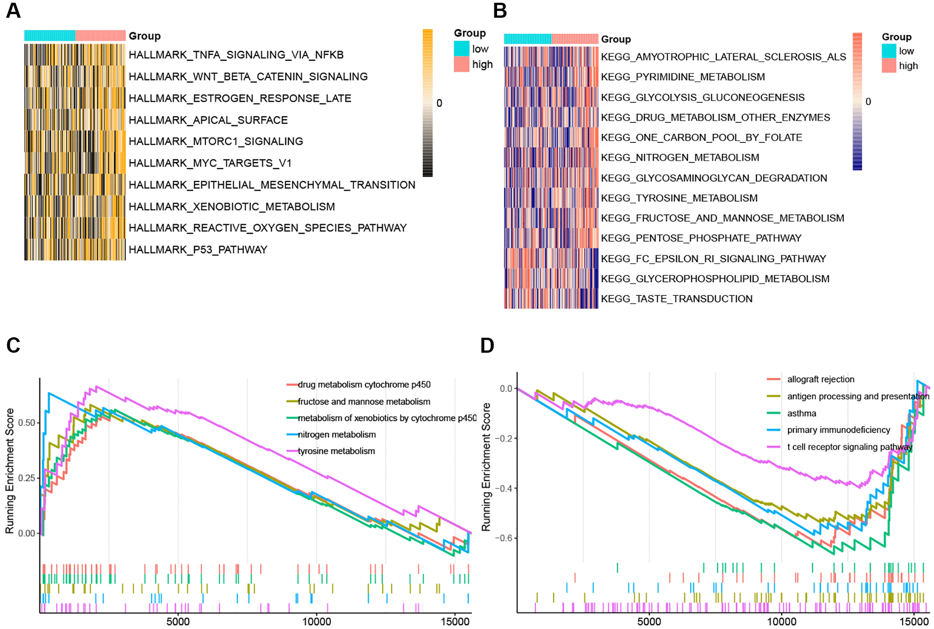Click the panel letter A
(13, 10)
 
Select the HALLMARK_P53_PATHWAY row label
(198, 249)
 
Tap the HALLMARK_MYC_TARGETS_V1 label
(210, 163)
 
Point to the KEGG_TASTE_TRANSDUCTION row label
(676, 299)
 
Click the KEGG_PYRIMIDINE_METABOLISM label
(683, 77)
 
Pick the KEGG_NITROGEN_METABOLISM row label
(680, 157)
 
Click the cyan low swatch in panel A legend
(462, 49)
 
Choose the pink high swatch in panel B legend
(889, 66)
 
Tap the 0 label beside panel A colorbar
(439, 103)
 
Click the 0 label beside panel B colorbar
(868, 102)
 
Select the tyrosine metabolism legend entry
(336, 451)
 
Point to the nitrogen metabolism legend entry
(337, 435)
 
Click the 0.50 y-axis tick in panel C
(26, 423)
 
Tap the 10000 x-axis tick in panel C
(317, 622)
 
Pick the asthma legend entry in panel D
(801, 413)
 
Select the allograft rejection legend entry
(821, 379)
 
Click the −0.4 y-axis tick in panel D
(503, 488)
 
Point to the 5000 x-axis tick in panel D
(649, 622)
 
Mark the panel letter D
(487, 345)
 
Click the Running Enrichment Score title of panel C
(10, 471)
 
